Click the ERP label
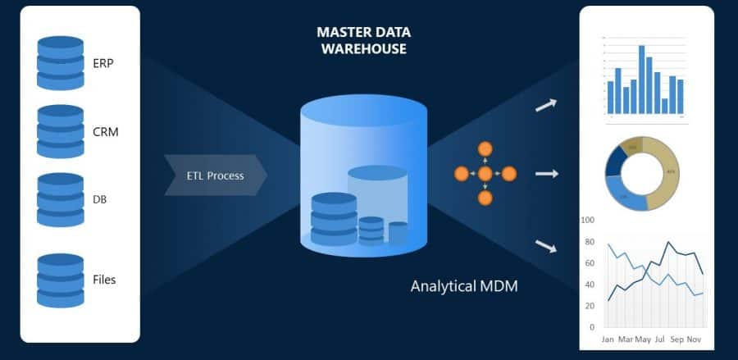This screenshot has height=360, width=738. [x=103, y=63]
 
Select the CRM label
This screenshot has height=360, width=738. [x=106, y=131]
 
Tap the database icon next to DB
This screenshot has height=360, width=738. [x=60, y=199]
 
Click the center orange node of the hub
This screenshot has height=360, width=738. [x=485, y=174]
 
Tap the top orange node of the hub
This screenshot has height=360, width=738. [x=485, y=149]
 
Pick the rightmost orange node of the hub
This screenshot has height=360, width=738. [x=508, y=174]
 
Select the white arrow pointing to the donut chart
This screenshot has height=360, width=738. [x=547, y=174]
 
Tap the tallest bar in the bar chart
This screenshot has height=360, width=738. [x=641, y=79]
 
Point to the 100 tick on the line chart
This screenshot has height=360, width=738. [x=586, y=221]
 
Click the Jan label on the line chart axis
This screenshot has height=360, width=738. [x=608, y=339]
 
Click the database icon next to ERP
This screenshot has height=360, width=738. [x=60, y=63]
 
